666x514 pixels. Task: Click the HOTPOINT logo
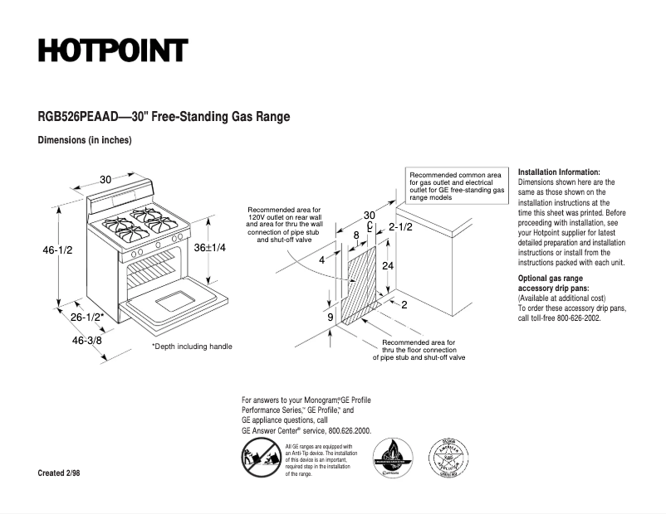click(x=112, y=51)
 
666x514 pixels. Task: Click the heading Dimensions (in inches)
click(x=85, y=140)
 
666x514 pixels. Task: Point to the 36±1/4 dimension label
click(x=210, y=247)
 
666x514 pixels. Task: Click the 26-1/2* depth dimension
click(x=86, y=317)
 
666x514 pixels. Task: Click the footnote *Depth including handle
click(x=192, y=347)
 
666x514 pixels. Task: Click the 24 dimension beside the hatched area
click(x=388, y=266)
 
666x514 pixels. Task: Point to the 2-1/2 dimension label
click(x=400, y=226)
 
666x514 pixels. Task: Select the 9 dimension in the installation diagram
click(x=330, y=318)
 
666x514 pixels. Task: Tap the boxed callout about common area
click(x=457, y=187)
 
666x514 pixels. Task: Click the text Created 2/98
click(x=60, y=473)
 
